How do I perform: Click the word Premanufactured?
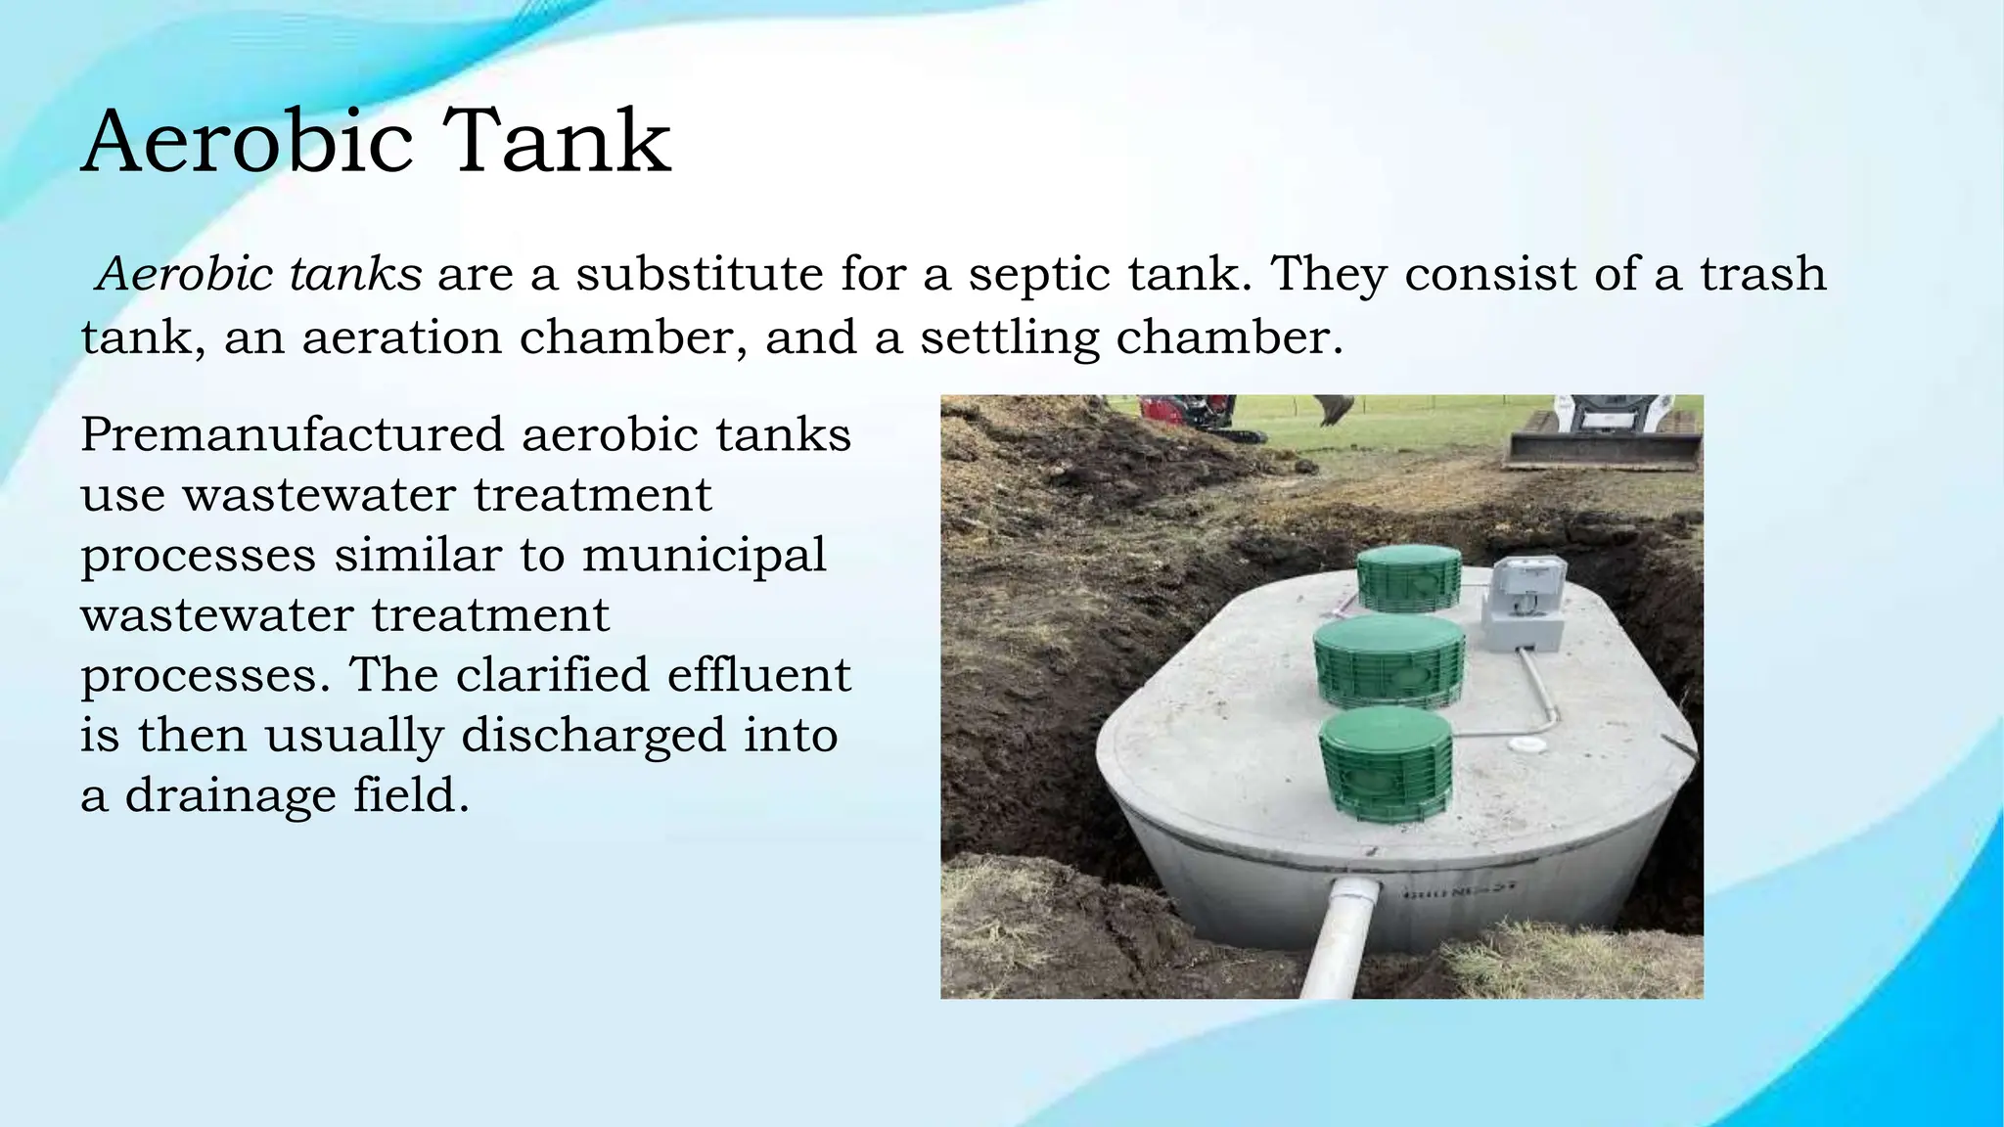pyautogui.click(x=293, y=434)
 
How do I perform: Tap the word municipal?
pyautogui.click(x=705, y=556)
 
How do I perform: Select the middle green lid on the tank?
pyautogui.click(x=1389, y=659)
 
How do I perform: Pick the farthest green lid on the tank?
pyautogui.click(x=1409, y=578)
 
